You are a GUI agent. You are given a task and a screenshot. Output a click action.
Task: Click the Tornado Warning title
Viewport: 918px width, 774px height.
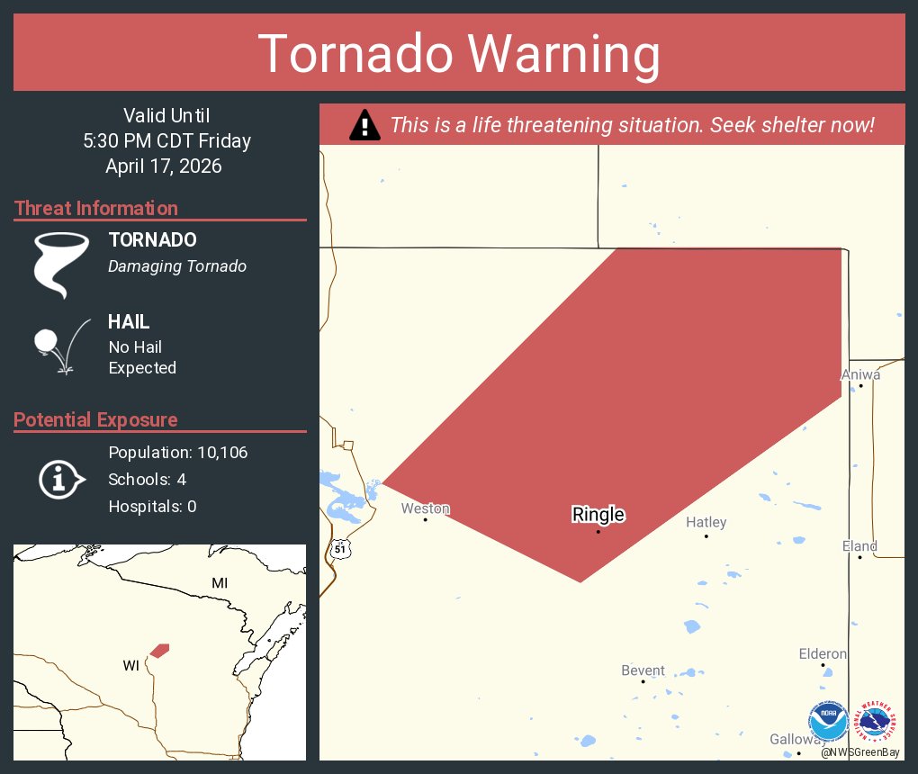pos(459,54)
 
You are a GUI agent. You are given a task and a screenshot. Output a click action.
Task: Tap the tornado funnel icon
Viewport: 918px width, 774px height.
pos(61,265)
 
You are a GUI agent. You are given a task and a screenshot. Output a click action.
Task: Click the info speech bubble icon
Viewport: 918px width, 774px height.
pos(60,479)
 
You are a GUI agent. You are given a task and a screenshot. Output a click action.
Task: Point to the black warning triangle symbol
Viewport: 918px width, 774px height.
pos(364,125)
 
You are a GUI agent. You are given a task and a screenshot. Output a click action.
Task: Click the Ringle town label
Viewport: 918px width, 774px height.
pos(598,515)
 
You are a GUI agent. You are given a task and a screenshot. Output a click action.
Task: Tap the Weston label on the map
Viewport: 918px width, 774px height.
pos(425,508)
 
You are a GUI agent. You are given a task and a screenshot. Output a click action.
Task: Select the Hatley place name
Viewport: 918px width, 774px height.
pos(706,522)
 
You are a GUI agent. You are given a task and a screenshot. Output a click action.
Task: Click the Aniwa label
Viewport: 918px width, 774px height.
pos(860,374)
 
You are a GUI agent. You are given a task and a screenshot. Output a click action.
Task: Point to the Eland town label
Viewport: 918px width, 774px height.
pos(859,546)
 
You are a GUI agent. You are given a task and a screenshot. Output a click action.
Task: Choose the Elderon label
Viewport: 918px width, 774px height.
pos(823,653)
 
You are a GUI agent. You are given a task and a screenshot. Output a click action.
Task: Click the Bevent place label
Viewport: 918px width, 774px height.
pos(643,670)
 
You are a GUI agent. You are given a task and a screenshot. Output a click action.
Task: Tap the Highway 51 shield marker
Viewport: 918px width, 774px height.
pos(339,548)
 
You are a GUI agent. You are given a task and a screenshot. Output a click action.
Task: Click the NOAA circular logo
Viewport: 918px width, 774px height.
pos(828,722)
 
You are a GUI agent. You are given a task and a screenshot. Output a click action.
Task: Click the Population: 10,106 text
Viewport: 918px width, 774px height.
pos(177,452)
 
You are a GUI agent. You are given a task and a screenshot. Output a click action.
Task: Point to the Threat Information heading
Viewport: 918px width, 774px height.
pos(96,208)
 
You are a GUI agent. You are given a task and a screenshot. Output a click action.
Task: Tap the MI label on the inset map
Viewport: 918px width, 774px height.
pos(220,583)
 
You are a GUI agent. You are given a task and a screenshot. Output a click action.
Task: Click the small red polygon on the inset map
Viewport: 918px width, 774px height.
pos(159,650)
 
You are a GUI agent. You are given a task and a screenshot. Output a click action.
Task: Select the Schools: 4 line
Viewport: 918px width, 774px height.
pos(147,479)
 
